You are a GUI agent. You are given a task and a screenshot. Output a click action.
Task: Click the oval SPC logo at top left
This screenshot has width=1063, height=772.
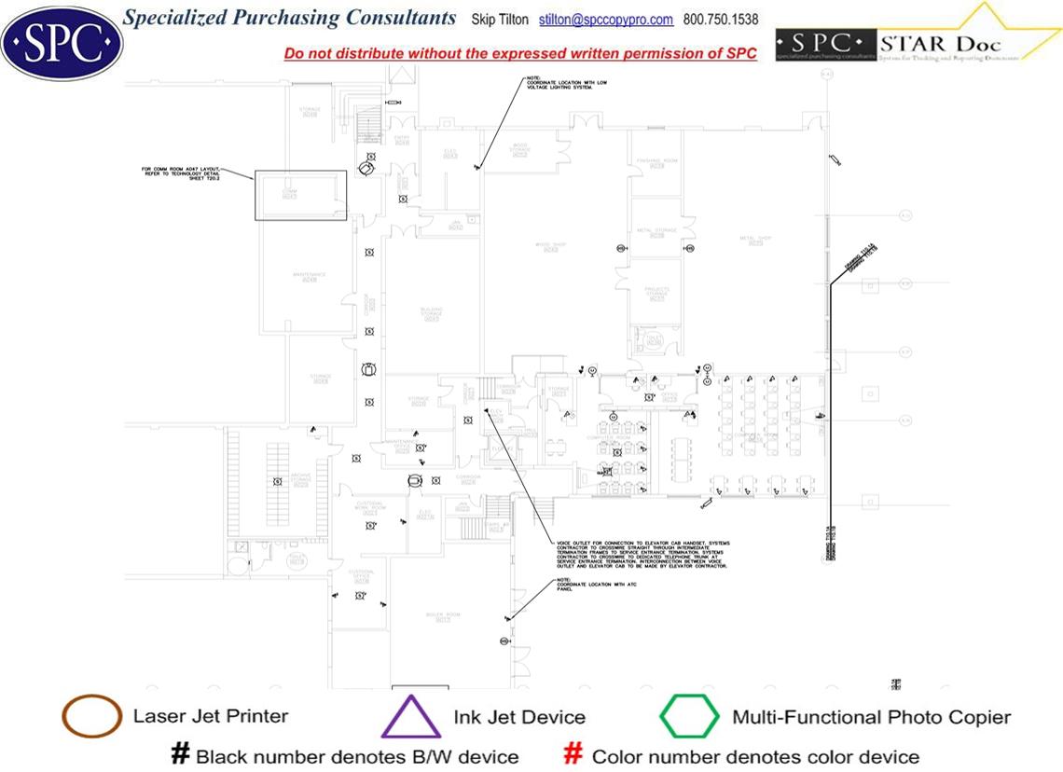[x=62, y=41]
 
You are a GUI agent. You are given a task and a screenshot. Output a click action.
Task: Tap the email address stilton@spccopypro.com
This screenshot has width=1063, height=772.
[x=606, y=20]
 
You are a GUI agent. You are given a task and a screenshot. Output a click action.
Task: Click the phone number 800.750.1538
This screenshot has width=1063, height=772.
[x=721, y=20]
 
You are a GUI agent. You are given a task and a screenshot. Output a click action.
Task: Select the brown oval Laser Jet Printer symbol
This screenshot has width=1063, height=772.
[x=90, y=717]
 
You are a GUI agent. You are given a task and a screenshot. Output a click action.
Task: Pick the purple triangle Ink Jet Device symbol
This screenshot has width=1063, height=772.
[x=410, y=717]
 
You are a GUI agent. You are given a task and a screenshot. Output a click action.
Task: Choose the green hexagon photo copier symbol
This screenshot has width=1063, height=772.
[x=690, y=717]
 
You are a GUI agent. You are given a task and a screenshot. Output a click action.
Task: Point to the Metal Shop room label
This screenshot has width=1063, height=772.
[x=756, y=241]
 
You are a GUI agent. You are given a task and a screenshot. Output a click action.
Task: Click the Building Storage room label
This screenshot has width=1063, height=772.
[x=431, y=313]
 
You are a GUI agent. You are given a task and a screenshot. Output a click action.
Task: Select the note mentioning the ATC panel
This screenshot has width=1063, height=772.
[x=570, y=584]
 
